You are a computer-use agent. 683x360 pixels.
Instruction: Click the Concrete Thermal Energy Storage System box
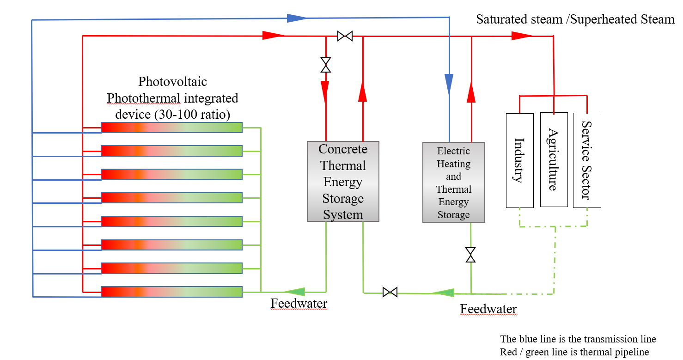(343, 181)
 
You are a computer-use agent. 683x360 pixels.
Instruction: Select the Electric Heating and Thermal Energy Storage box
(454, 183)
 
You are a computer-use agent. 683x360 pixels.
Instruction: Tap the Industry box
(519, 160)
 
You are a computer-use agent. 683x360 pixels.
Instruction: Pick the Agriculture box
(554, 159)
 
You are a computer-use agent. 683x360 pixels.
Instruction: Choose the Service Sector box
(587, 160)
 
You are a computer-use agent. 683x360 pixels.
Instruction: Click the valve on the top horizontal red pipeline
(345, 36)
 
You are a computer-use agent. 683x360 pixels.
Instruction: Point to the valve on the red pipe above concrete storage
(326, 65)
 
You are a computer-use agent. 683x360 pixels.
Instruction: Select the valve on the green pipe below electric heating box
(470, 255)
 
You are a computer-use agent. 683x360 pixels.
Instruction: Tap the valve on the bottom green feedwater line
(390, 292)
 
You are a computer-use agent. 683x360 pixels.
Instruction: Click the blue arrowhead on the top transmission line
(296, 18)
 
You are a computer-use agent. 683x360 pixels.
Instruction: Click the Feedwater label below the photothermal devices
(299, 304)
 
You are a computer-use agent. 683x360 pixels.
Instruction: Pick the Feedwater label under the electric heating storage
(488, 309)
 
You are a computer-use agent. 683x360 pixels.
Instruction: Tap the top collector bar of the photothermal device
(171, 128)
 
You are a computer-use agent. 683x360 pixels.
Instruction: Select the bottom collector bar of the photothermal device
(171, 292)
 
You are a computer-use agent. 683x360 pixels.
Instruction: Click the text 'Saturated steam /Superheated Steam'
(575, 19)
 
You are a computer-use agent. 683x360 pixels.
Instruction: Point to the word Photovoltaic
(172, 82)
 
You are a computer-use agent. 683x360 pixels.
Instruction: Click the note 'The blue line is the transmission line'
(578, 339)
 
